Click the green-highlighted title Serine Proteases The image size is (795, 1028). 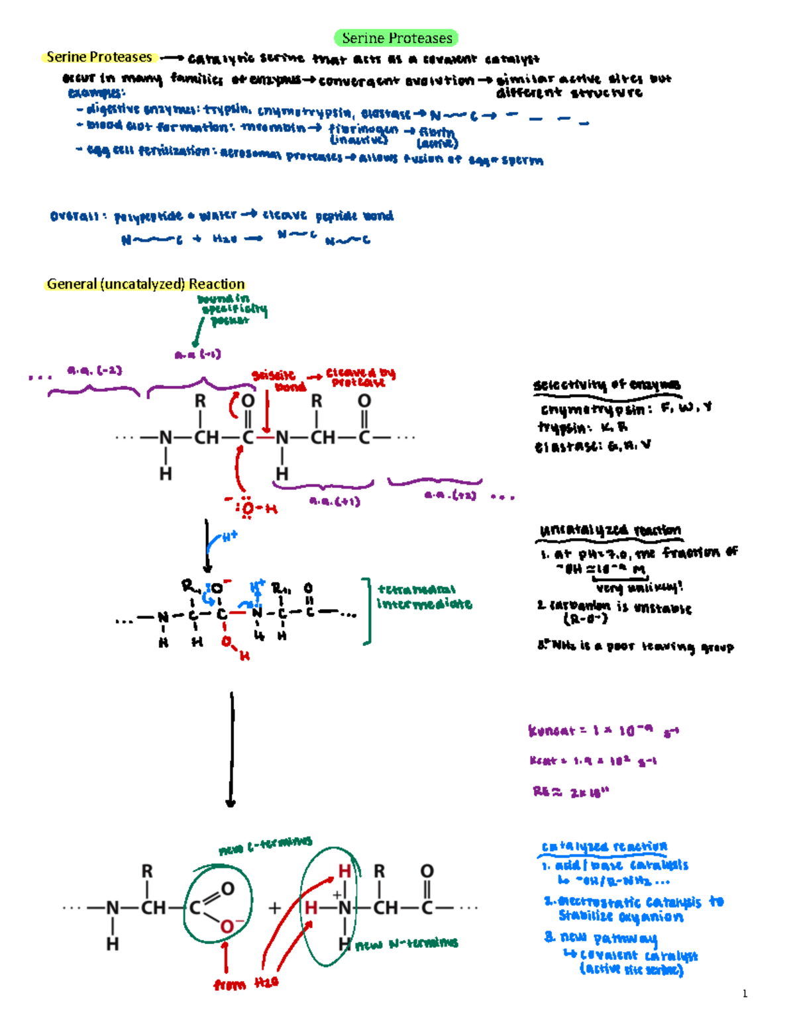point(397,38)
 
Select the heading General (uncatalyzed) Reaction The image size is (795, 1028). point(146,284)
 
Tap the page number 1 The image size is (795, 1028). point(745,993)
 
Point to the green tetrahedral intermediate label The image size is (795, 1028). point(424,596)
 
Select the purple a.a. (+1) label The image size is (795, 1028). point(335,501)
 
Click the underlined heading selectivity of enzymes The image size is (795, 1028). point(606,385)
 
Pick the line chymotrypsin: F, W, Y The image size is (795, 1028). point(625,408)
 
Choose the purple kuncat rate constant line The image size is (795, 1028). point(603,731)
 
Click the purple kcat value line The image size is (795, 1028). point(593,761)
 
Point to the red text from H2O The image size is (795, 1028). point(246,984)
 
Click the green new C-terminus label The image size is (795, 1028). point(265,845)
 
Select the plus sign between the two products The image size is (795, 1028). point(274,908)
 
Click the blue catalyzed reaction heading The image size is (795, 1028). point(604,847)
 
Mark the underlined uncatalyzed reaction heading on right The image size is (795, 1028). point(609,530)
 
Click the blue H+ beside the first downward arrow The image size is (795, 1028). point(229,537)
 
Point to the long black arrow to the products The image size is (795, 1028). point(231,748)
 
